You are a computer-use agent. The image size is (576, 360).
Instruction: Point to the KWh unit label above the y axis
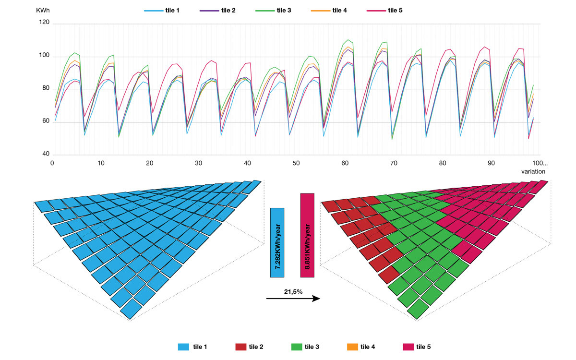tap(43, 10)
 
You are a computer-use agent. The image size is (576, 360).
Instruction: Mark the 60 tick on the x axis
tap(345, 163)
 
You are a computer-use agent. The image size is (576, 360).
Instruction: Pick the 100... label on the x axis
tap(539, 163)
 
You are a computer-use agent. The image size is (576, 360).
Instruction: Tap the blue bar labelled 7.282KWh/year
tap(277, 242)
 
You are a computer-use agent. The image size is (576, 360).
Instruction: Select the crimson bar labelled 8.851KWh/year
tap(307, 235)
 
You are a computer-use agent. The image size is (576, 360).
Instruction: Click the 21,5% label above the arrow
tap(292, 291)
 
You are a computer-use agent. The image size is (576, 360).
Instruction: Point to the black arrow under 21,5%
tap(293, 299)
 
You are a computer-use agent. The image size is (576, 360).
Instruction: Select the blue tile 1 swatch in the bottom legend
tap(184, 347)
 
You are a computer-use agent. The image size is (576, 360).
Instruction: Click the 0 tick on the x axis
tap(52, 163)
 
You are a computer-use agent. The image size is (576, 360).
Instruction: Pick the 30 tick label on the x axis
tap(199, 163)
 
